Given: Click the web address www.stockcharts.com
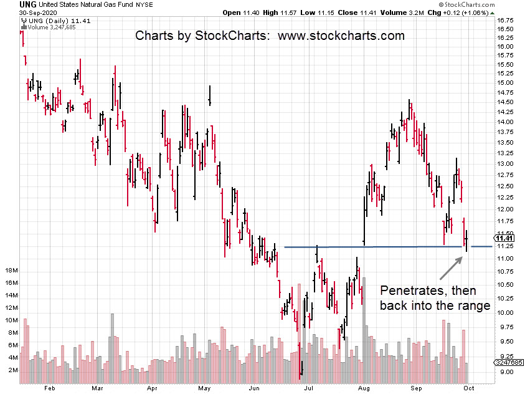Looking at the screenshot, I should click(341, 36).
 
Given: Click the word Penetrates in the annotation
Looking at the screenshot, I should click(409, 290).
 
